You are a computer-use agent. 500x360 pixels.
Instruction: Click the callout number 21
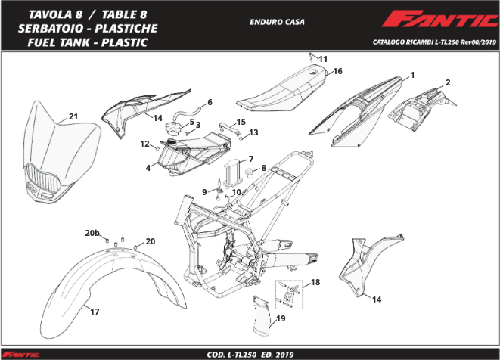(73, 116)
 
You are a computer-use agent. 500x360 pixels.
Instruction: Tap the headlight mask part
(62, 155)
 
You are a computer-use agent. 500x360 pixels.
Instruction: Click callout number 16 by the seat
(338, 71)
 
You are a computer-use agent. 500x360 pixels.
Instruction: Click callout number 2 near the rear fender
(448, 82)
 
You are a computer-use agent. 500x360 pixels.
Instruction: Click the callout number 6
(210, 102)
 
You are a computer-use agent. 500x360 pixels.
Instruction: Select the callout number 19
(281, 320)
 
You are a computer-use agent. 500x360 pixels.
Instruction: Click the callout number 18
(315, 282)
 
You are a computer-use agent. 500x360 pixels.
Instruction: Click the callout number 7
(250, 159)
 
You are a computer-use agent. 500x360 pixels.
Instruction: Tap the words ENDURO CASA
(277, 22)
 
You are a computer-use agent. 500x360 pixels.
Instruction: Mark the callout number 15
(241, 122)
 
